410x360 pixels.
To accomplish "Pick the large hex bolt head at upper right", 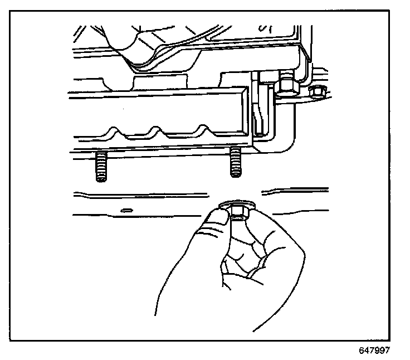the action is (287, 85).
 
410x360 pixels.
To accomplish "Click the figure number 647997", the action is (374, 351).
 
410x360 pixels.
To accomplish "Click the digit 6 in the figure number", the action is (361, 351).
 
